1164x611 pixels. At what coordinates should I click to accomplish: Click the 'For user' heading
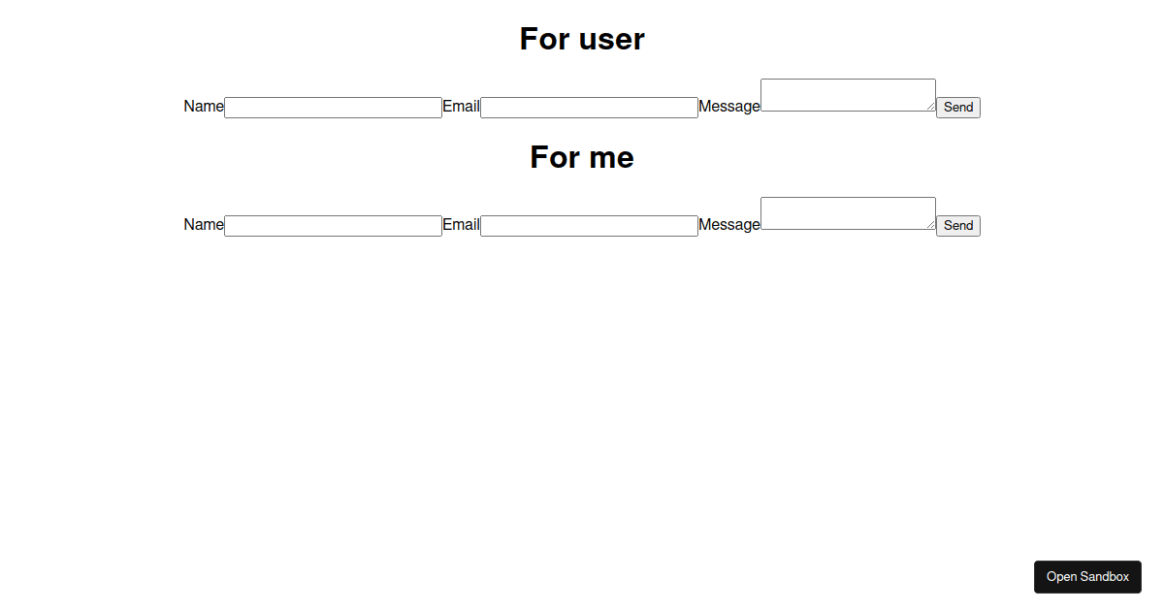click(x=582, y=39)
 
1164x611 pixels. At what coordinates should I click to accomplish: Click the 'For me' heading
click(x=582, y=157)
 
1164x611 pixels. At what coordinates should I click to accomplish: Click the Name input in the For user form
click(x=333, y=108)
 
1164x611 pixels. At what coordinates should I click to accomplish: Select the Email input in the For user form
click(x=589, y=108)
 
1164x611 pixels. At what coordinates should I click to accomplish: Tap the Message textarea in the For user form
click(x=847, y=95)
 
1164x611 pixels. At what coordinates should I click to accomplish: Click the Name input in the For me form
click(x=333, y=226)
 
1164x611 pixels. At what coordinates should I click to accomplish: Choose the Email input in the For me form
click(x=589, y=226)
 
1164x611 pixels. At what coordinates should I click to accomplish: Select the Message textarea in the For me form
click(x=847, y=213)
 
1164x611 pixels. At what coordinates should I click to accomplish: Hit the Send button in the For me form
click(x=958, y=226)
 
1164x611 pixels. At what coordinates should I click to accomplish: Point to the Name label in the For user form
click(x=204, y=107)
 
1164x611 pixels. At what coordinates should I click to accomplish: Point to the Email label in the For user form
click(x=461, y=107)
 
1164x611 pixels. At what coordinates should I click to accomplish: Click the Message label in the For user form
click(x=729, y=107)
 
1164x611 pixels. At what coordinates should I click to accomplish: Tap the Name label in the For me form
click(x=204, y=225)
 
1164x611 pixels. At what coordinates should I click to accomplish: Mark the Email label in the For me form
click(x=461, y=225)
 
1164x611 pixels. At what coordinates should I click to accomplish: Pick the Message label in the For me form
click(x=729, y=225)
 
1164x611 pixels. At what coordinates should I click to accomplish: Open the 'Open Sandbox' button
click(x=1087, y=577)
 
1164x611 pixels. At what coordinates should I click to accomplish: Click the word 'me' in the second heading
click(x=609, y=158)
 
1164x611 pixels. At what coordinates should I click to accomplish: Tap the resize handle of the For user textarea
click(x=931, y=107)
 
